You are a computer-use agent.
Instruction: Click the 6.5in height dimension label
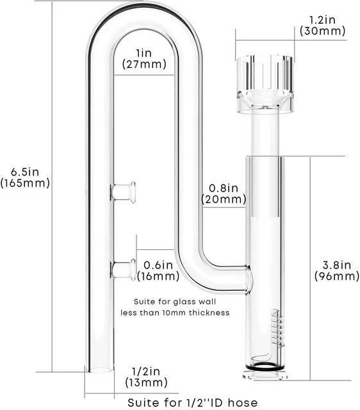coord(25,171)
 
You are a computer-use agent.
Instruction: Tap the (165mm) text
coord(25,183)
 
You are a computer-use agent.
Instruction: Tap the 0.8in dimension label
coord(224,188)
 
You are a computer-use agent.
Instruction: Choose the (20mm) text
coord(224,199)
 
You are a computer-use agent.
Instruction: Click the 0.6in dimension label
coord(158,265)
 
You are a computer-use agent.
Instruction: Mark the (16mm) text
coord(158,276)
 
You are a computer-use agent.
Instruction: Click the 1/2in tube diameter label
coord(146,371)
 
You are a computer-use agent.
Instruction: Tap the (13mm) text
coord(146,382)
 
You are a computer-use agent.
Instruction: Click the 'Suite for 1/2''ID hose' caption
coord(192,402)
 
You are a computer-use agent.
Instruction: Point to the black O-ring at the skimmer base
coord(265,370)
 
